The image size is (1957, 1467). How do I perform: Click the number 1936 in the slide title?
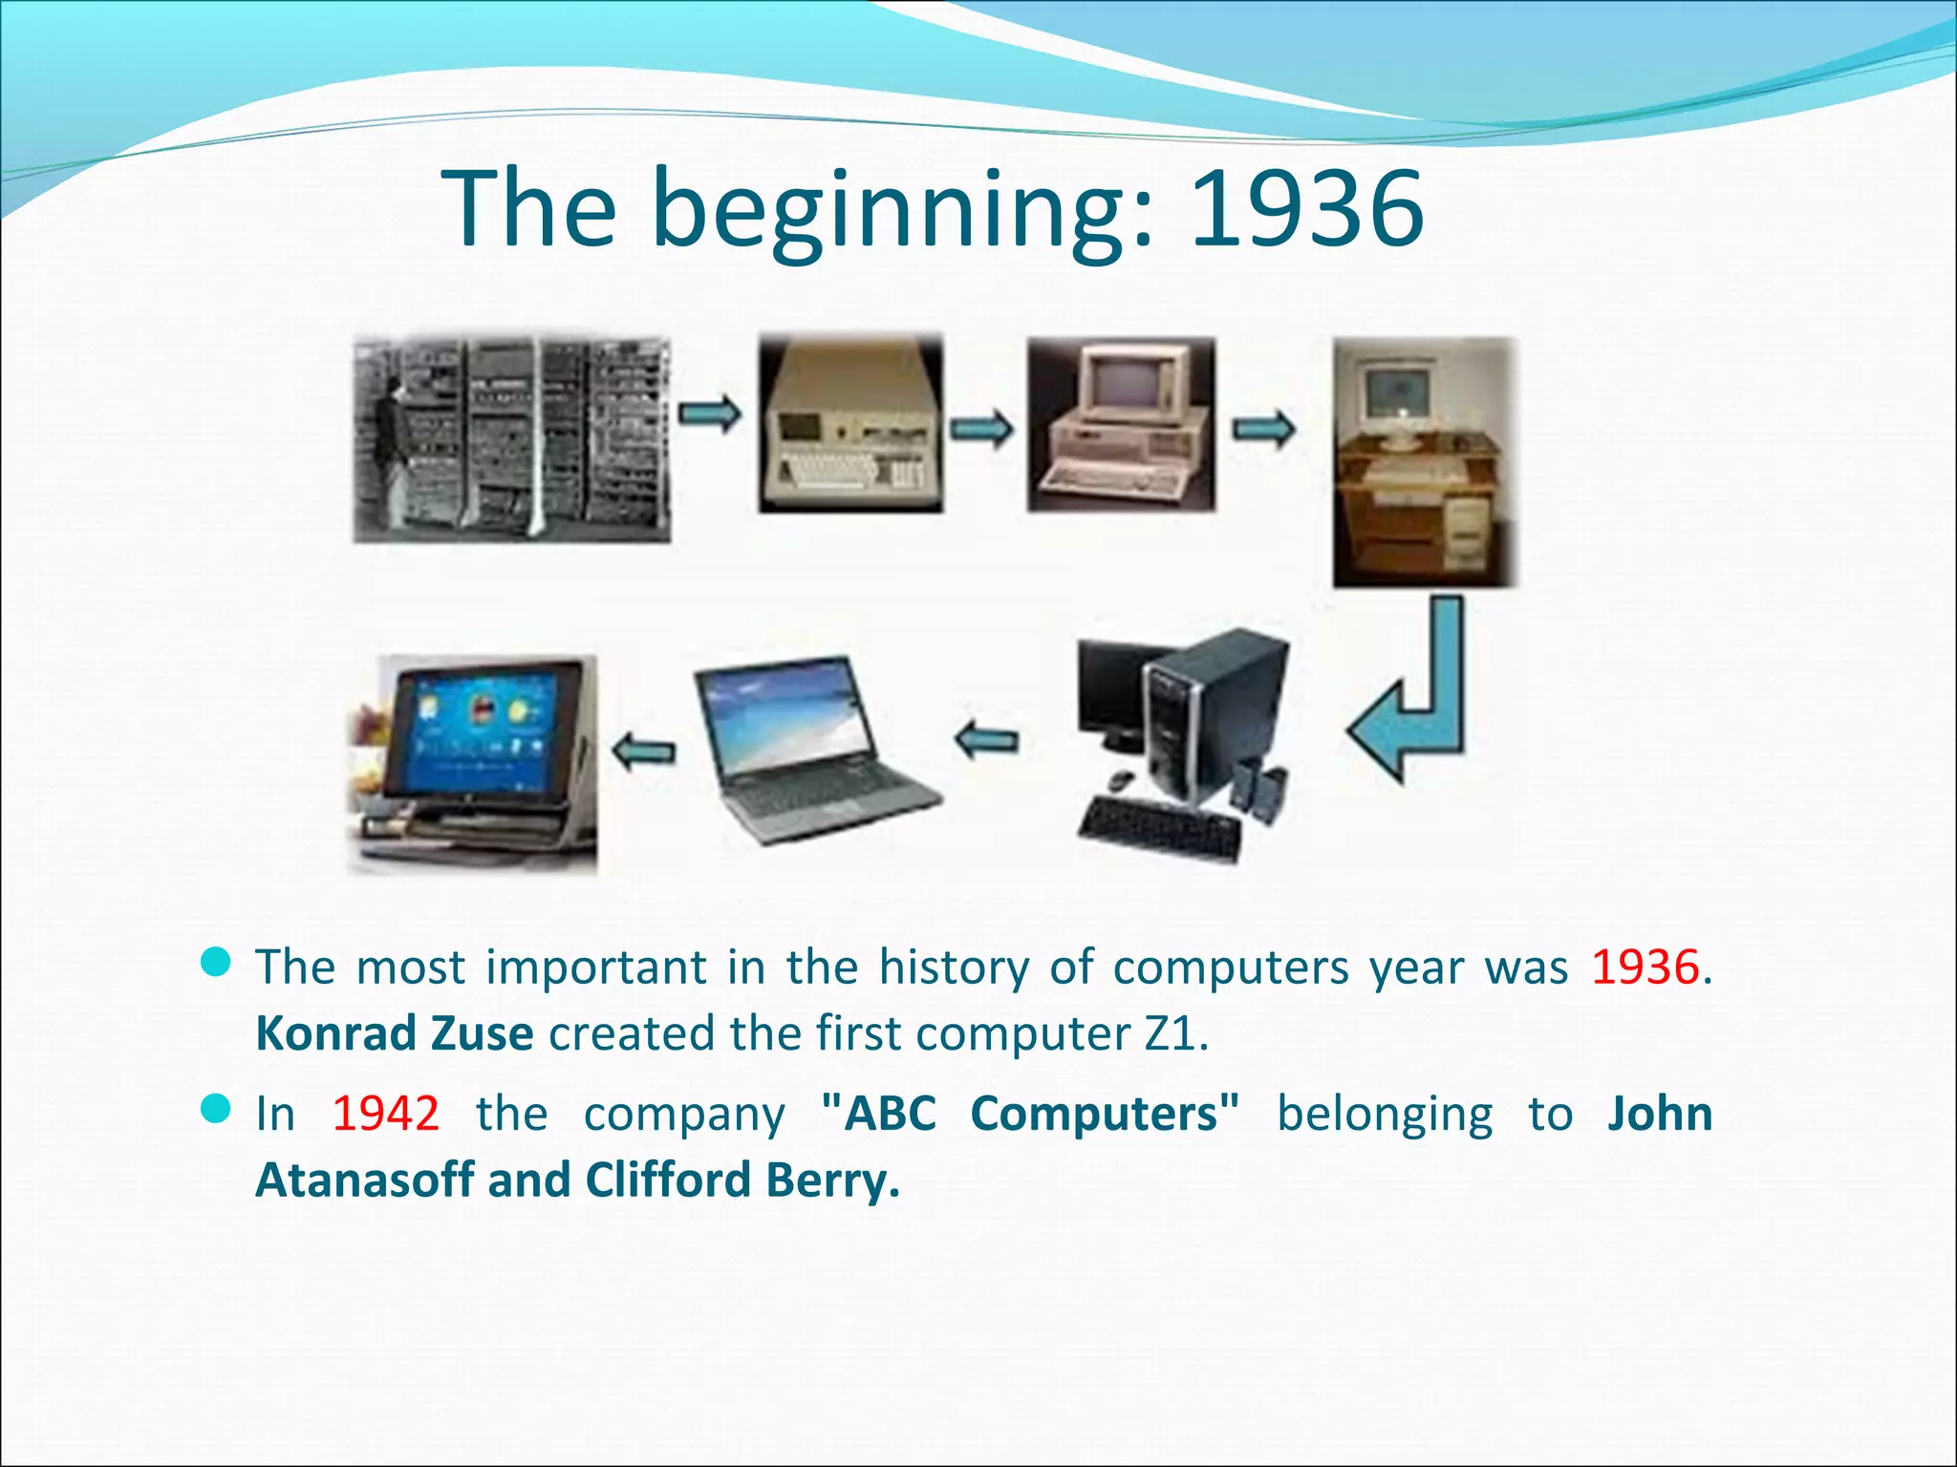tap(1307, 208)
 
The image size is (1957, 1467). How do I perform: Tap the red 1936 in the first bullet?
tap(1645, 967)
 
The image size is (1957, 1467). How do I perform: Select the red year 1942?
tap(385, 1114)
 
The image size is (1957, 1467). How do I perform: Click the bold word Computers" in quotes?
tap(1105, 1114)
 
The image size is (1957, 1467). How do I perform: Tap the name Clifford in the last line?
tap(668, 1180)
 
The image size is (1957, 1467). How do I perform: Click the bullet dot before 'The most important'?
tap(217, 963)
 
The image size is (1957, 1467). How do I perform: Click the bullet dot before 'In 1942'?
tap(217, 1110)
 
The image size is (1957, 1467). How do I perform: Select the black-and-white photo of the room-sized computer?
tap(512, 439)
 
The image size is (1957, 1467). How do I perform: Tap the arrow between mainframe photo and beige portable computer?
tap(709, 414)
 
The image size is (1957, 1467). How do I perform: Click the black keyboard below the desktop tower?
tap(1158, 829)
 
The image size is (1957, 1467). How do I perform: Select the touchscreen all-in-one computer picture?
tap(473, 764)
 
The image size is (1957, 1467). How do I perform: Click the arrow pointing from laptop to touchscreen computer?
tap(643, 751)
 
